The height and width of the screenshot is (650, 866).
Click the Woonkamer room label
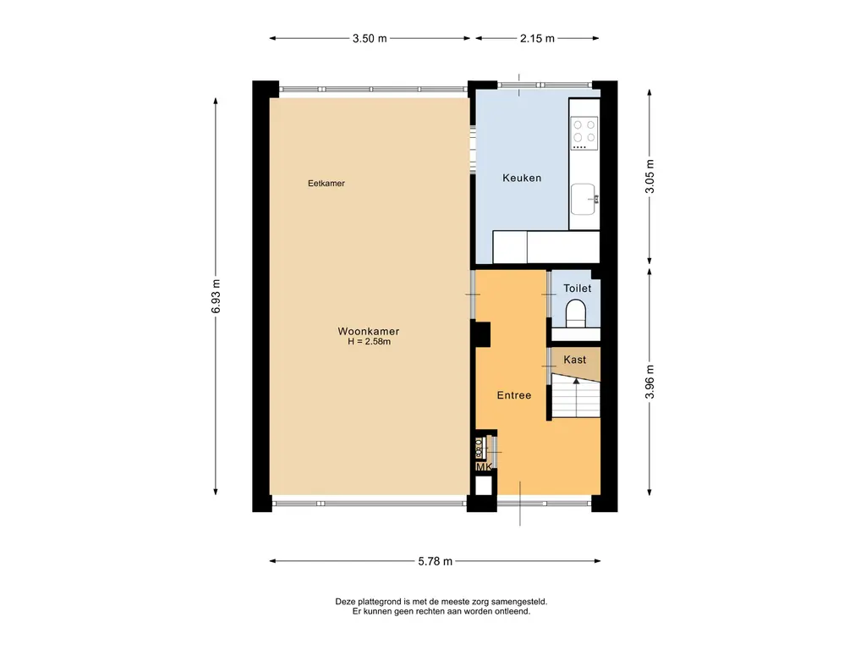tap(369, 331)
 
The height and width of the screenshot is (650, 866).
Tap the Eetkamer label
tap(326, 184)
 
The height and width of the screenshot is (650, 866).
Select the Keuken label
tap(522, 178)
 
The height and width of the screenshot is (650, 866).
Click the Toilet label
tap(577, 288)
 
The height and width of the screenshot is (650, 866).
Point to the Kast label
tap(575, 360)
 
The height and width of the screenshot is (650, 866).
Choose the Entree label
tap(514, 395)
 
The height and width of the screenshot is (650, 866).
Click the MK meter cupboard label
tap(484, 467)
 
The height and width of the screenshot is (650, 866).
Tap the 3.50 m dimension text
tap(370, 39)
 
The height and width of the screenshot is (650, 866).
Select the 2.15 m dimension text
tap(537, 39)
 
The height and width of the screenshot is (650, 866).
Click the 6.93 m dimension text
tap(216, 296)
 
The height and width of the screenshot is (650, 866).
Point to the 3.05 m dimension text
tap(649, 176)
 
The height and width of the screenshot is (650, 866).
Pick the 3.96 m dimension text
tap(649, 382)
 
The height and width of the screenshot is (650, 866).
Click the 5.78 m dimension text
tap(436, 562)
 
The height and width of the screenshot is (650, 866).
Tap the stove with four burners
tap(584, 133)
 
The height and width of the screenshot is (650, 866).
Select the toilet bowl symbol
tap(575, 313)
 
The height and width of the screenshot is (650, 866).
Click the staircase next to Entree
tap(576, 396)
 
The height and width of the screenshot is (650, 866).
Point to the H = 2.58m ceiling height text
tap(369, 342)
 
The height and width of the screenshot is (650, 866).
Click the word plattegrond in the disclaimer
tap(380, 602)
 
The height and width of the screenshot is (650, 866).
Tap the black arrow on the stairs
tap(576, 382)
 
